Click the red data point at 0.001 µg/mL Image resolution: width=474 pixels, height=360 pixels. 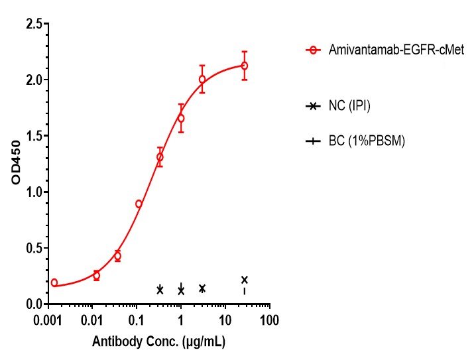[54, 282]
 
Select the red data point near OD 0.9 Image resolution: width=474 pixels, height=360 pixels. [139, 204]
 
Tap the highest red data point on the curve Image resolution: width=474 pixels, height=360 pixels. [245, 66]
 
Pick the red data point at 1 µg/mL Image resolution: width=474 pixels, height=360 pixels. [181, 118]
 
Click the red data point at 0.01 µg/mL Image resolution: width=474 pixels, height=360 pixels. [96, 275]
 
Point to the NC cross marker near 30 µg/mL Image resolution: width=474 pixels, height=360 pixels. [245, 280]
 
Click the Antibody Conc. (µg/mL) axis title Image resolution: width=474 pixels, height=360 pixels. [159, 343]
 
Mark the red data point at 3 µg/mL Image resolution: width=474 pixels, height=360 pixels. [202, 80]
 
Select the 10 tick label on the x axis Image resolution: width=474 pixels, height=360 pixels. [225, 320]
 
